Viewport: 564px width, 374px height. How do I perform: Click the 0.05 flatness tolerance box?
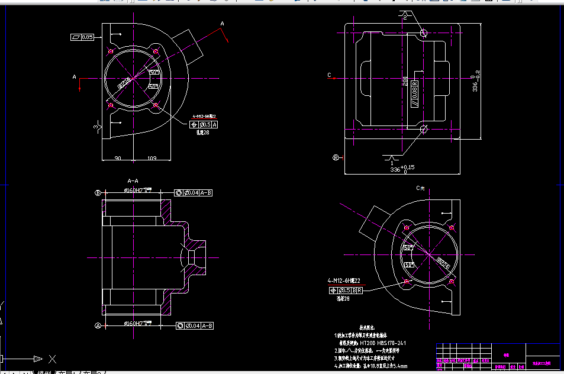coord(82,37)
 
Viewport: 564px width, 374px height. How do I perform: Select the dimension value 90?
coord(117,158)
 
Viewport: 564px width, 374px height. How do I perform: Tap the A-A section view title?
coord(133,180)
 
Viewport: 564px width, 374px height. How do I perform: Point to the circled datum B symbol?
coord(98,193)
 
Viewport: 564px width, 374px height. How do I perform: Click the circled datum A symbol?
coord(98,325)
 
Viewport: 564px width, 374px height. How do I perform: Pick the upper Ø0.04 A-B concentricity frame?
coord(194,193)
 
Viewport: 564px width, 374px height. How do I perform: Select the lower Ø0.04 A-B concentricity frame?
coord(194,325)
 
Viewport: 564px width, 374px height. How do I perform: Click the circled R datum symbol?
coord(336,157)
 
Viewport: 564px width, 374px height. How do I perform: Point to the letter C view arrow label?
coord(329,75)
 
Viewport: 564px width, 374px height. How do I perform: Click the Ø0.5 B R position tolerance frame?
coord(346,290)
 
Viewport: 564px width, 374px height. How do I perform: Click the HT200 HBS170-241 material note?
coord(375,343)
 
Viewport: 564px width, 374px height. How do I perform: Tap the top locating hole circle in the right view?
coord(423,33)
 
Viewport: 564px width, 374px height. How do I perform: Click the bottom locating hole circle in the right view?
coord(423,129)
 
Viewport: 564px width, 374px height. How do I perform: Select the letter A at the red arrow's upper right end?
coord(223,24)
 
